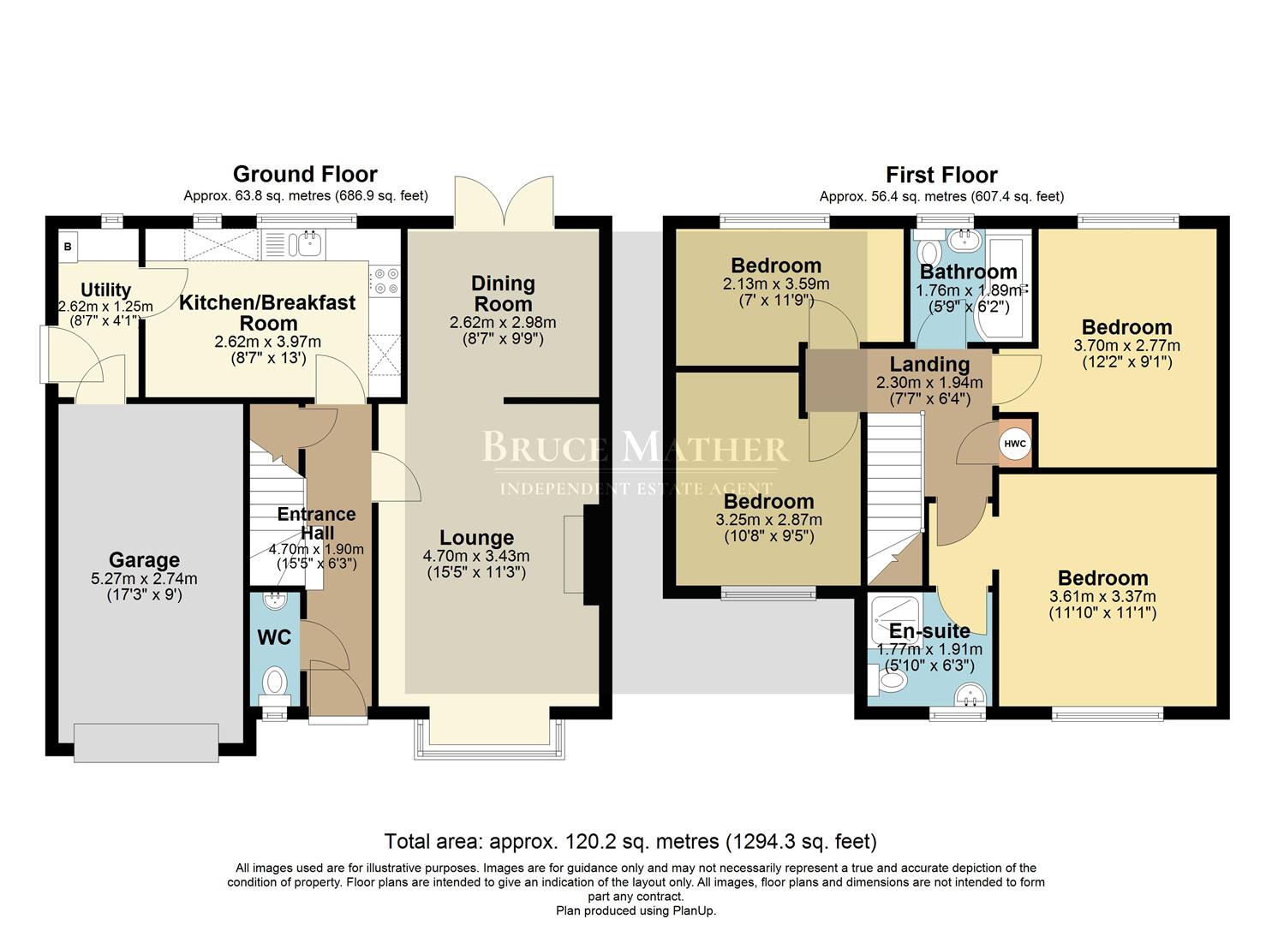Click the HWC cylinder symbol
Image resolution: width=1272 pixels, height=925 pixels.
tap(1014, 445)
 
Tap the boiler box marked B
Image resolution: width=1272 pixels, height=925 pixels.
tap(68, 247)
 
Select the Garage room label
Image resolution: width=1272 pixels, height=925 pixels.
tap(144, 560)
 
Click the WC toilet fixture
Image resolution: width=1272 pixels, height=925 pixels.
tap(275, 683)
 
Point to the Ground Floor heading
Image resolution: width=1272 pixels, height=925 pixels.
tap(305, 175)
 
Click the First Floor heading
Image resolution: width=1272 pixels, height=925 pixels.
tap(941, 175)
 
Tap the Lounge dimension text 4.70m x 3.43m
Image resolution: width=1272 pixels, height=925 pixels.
tap(476, 556)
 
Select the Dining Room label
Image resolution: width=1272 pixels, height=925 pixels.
tap(503, 293)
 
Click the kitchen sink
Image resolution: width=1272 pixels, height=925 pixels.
tap(308, 244)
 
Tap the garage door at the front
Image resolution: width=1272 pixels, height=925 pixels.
tap(146, 742)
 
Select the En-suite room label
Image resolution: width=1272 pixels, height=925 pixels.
tap(929, 632)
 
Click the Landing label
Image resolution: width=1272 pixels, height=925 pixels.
tap(929, 365)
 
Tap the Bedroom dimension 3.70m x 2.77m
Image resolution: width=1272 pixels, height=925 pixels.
tap(1126, 346)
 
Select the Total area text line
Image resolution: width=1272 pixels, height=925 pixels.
tap(630, 841)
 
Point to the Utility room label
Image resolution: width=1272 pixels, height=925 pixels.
tap(105, 290)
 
